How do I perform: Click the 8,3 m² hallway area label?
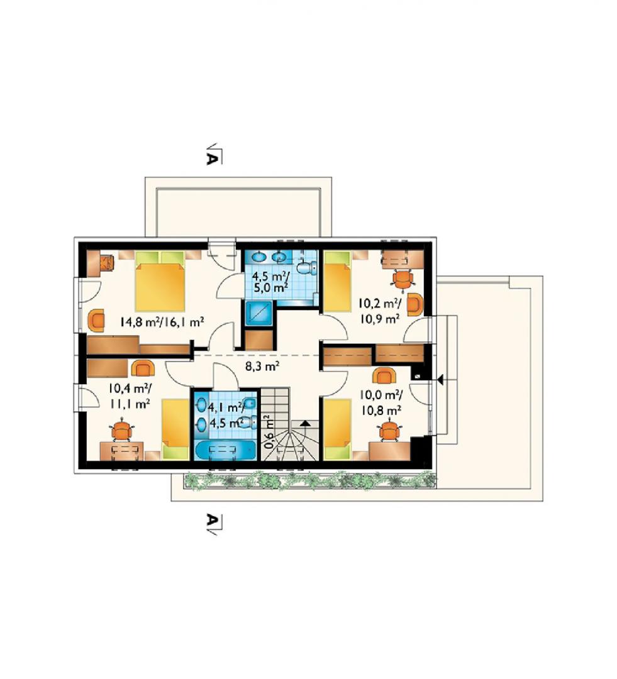[262, 367]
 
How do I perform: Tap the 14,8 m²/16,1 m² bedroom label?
[162, 322]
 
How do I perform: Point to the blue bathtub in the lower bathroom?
[226, 450]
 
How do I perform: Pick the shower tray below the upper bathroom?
[258, 313]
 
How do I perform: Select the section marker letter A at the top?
[211, 158]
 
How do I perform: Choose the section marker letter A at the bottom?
[211, 520]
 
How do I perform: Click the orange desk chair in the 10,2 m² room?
[403, 279]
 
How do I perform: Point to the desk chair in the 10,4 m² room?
[122, 431]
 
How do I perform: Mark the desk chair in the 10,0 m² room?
[389, 431]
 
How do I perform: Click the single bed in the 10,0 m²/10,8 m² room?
[338, 429]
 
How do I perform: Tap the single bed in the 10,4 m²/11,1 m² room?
[176, 429]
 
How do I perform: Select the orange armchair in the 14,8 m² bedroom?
[96, 321]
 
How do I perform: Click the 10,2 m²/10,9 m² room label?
[379, 311]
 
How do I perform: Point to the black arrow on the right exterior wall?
[440, 380]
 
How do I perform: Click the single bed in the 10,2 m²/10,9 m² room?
[338, 282]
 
